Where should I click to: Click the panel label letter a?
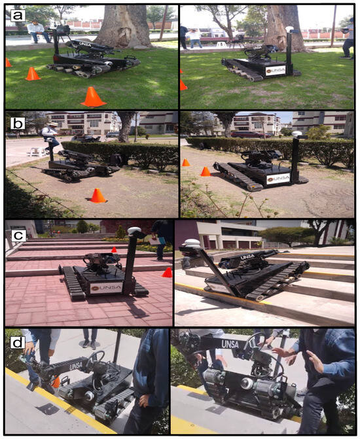[18, 15]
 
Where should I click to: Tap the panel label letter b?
[18, 124]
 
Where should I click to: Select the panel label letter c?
[18, 236]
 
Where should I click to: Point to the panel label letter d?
[18, 342]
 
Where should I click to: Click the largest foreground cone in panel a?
[94, 97]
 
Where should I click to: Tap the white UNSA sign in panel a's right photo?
[276, 71]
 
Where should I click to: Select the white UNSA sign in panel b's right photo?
[278, 179]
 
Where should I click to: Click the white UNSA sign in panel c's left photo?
[107, 288]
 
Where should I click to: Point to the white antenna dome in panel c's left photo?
[134, 230]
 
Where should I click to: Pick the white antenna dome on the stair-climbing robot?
[192, 243]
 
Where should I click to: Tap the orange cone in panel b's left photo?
[98, 196]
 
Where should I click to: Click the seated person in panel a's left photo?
[37, 31]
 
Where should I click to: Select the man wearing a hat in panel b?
[50, 138]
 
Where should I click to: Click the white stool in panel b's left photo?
[37, 152]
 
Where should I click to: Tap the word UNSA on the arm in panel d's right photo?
[230, 344]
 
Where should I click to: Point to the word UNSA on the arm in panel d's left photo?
[76, 366]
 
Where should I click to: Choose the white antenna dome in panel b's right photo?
[297, 134]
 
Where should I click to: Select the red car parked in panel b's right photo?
[249, 135]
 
